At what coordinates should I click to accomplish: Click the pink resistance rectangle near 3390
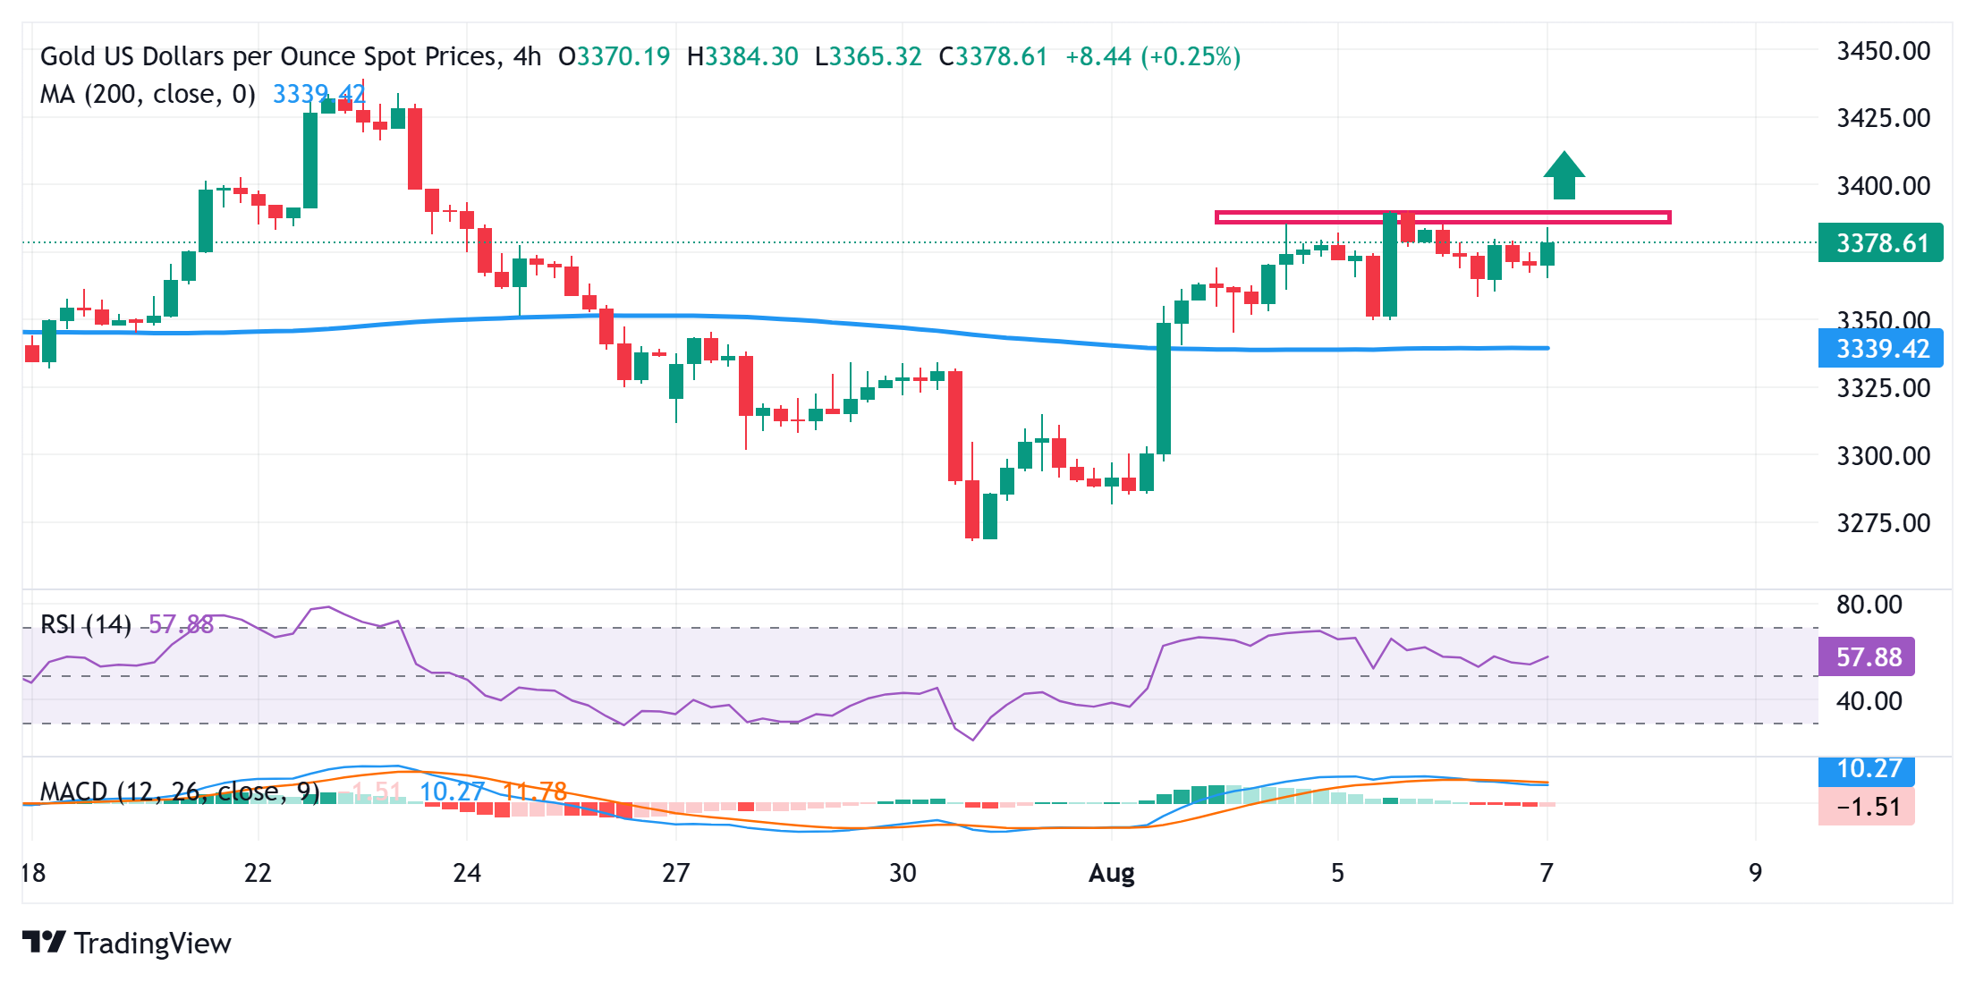[1442, 216]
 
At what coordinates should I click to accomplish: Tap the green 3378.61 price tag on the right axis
[1880, 242]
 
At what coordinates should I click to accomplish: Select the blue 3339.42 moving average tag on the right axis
[1880, 348]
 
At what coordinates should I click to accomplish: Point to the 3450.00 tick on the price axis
[1883, 51]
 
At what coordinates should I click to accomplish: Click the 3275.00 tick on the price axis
[1883, 522]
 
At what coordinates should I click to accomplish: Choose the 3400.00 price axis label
[1883, 186]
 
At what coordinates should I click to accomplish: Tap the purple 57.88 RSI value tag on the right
[1867, 657]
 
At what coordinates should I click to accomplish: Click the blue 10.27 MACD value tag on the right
[1867, 769]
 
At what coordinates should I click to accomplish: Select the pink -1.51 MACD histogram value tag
[1867, 807]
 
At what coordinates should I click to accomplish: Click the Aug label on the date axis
[1111, 873]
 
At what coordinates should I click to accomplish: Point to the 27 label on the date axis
[675, 873]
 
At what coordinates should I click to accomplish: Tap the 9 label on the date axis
[1755, 873]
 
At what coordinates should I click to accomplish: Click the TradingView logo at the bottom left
[127, 943]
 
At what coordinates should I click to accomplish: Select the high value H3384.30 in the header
[742, 57]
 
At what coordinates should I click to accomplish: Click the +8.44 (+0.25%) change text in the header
[1153, 57]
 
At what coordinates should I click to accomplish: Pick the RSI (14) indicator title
[86, 623]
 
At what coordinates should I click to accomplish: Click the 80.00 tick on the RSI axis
[1869, 605]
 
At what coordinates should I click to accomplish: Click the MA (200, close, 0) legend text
[148, 94]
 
